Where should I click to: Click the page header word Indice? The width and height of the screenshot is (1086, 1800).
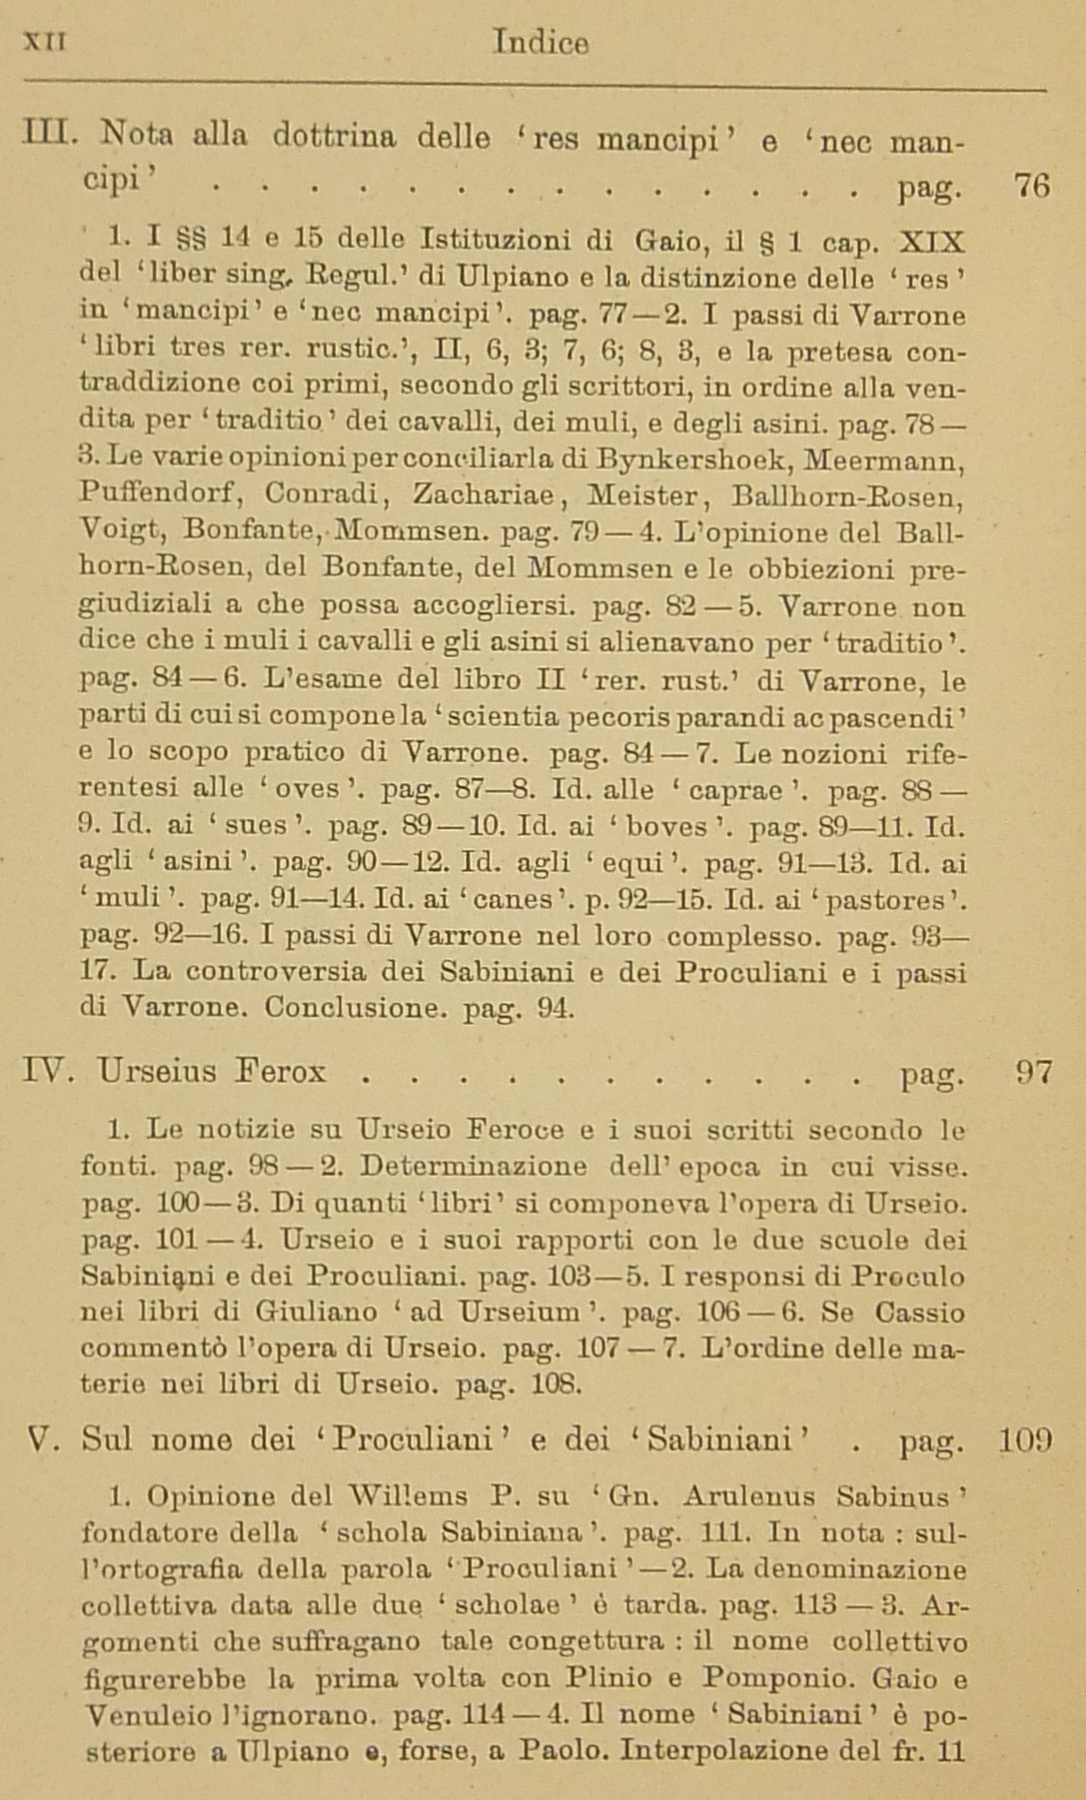tap(541, 43)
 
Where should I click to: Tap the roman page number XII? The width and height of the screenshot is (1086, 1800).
tap(44, 41)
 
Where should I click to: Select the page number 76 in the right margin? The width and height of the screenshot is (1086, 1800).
tap(1031, 186)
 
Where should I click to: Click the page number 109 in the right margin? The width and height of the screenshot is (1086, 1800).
tap(1025, 1439)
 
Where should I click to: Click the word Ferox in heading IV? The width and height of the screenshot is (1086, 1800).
tap(281, 1072)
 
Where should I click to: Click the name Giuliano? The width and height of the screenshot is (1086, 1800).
tap(317, 1313)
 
